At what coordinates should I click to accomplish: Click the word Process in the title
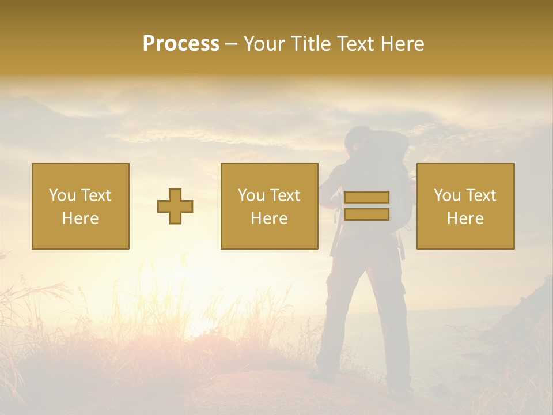click(181, 44)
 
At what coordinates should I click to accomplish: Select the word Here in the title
click(402, 44)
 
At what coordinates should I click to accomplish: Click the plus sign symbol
click(175, 206)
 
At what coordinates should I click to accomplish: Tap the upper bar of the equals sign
click(366, 197)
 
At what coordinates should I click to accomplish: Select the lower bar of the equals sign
click(366, 214)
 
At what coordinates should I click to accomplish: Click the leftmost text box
click(81, 206)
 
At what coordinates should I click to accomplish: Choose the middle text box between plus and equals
click(270, 206)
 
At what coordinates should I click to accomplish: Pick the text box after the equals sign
click(465, 206)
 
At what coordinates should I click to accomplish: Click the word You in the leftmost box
click(62, 195)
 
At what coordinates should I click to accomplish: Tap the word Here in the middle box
click(270, 218)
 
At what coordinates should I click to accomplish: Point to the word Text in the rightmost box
click(481, 195)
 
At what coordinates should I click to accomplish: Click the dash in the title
click(232, 44)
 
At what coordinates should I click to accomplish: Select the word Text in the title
click(355, 44)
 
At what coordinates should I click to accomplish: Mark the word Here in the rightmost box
click(465, 218)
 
